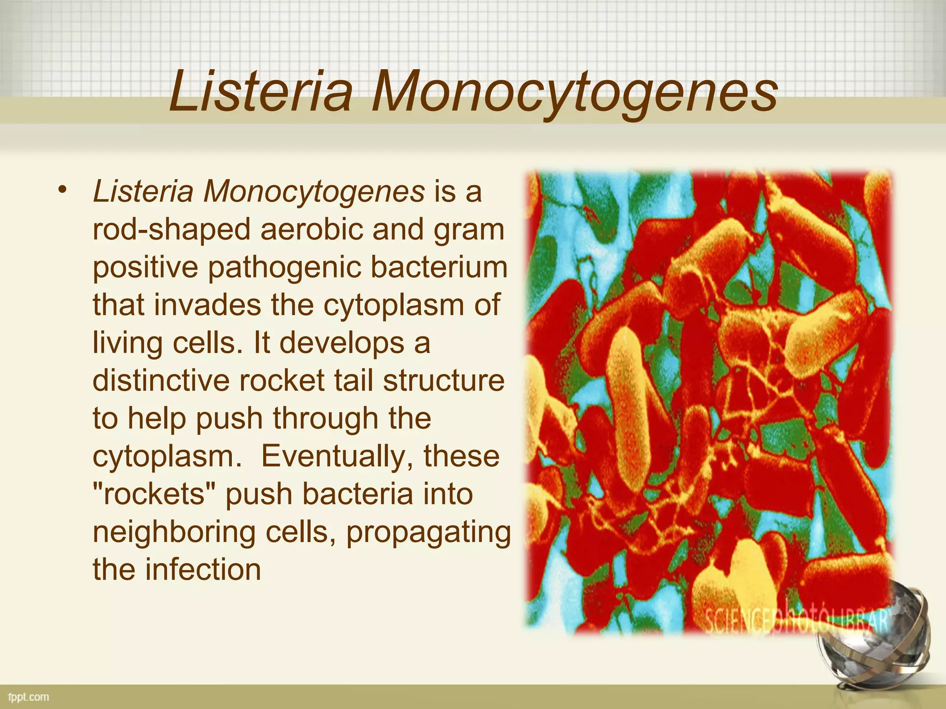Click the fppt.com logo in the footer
(29, 697)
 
